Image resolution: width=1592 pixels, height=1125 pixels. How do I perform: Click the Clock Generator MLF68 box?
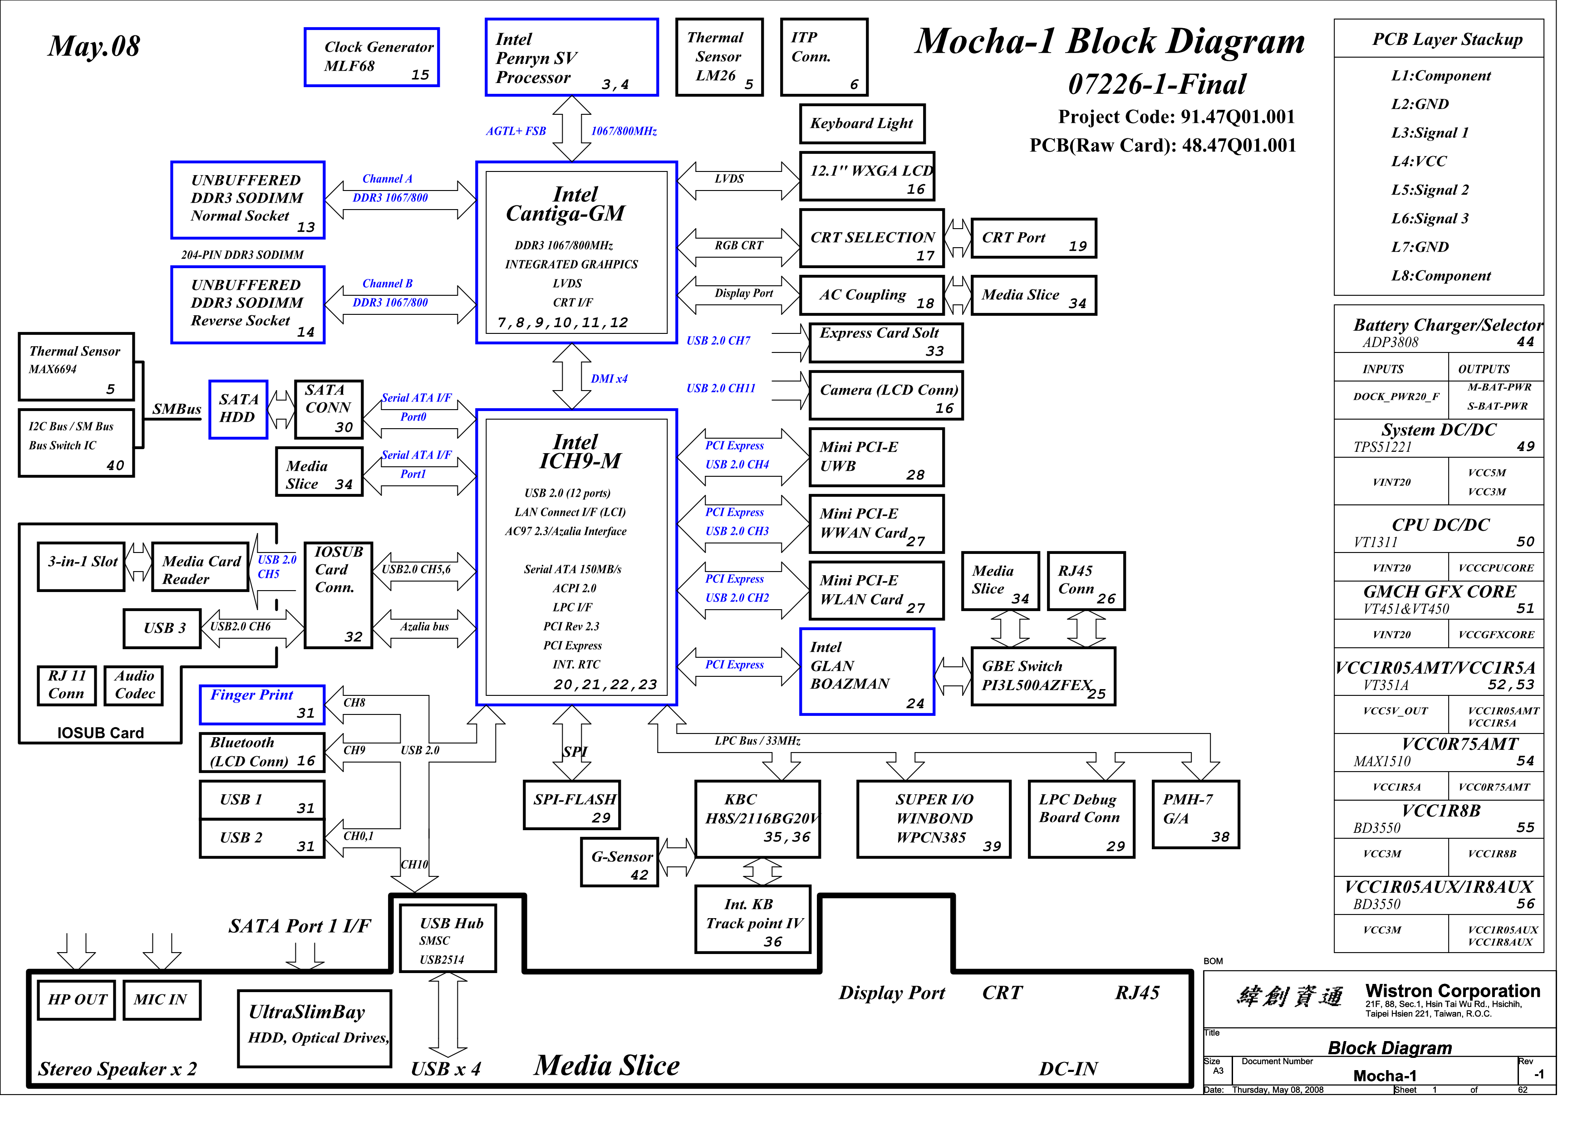(372, 58)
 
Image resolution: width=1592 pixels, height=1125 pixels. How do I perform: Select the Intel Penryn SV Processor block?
(571, 58)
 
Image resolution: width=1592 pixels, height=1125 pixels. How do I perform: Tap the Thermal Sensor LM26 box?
(719, 58)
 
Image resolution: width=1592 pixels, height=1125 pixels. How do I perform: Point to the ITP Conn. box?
(824, 58)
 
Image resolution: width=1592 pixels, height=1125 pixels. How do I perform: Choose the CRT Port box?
(1033, 239)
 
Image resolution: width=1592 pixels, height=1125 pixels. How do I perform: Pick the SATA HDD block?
(238, 410)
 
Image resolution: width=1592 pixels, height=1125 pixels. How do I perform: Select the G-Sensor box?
(620, 861)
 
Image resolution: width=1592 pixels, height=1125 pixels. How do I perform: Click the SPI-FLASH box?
(571, 805)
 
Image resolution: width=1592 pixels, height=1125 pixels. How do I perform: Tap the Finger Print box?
(262, 704)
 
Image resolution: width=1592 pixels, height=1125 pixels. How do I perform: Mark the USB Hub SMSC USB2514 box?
(448, 939)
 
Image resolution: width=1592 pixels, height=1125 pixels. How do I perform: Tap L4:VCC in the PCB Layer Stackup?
(1419, 161)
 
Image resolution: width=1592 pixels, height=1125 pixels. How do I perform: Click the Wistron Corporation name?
(1452, 991)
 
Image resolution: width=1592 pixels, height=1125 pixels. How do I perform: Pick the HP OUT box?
(77, 999)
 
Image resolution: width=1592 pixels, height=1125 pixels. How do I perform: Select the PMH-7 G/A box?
(1195, 814)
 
